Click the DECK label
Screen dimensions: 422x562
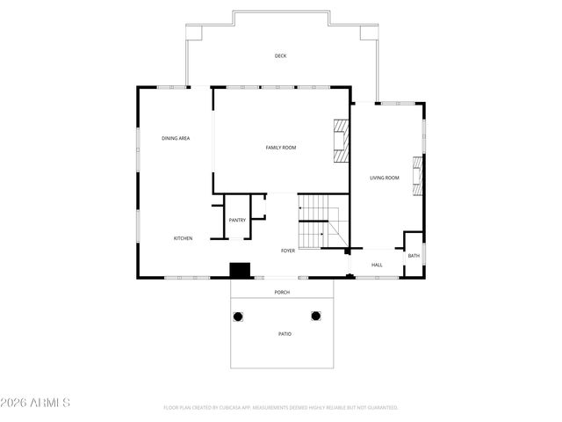point(280,56)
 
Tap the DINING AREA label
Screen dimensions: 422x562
point(176,138)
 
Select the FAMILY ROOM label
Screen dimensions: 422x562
point(281,148)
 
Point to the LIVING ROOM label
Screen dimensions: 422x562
point(384,178)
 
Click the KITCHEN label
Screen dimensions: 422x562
point(183,238)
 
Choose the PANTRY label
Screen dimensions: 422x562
point(237,220)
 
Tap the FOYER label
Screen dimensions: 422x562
point(288,251)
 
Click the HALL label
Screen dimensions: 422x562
point(377,265)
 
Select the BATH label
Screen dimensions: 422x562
point(414,256)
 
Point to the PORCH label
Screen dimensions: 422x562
point(282,292)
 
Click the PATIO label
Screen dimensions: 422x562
point(285,334)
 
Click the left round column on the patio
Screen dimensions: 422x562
point(237,316)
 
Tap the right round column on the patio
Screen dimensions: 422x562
point(316,316)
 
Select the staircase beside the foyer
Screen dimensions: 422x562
point(317,222)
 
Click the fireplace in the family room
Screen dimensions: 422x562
point(340,141)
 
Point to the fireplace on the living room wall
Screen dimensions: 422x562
point(418,176)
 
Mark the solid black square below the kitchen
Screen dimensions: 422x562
point(240,270)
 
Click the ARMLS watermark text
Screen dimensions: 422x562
point(35,403)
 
